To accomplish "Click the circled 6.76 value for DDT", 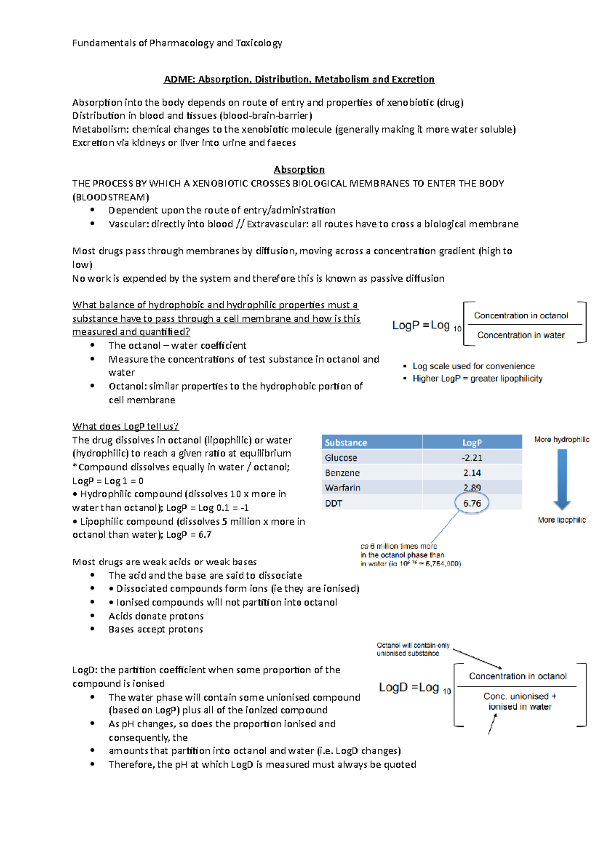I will point(472,503).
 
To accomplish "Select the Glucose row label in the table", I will point(341,458).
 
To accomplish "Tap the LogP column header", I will point(472,443).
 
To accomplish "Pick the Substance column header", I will point(346,443).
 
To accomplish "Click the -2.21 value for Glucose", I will point(472,458).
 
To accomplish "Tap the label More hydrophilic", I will point(562,439).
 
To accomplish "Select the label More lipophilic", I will point(562,520).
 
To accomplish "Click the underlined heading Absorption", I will point(299,170).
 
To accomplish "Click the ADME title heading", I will point(299,79).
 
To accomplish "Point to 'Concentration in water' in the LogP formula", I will point(521,335).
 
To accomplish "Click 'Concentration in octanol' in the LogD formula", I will point(518,676).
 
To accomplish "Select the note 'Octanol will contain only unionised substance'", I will point(413,649).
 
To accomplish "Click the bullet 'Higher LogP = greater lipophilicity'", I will point(477,379).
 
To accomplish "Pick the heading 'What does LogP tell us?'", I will point(126,426).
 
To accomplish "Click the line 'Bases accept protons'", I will point(155,629).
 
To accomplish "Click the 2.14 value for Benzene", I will point(472,473).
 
